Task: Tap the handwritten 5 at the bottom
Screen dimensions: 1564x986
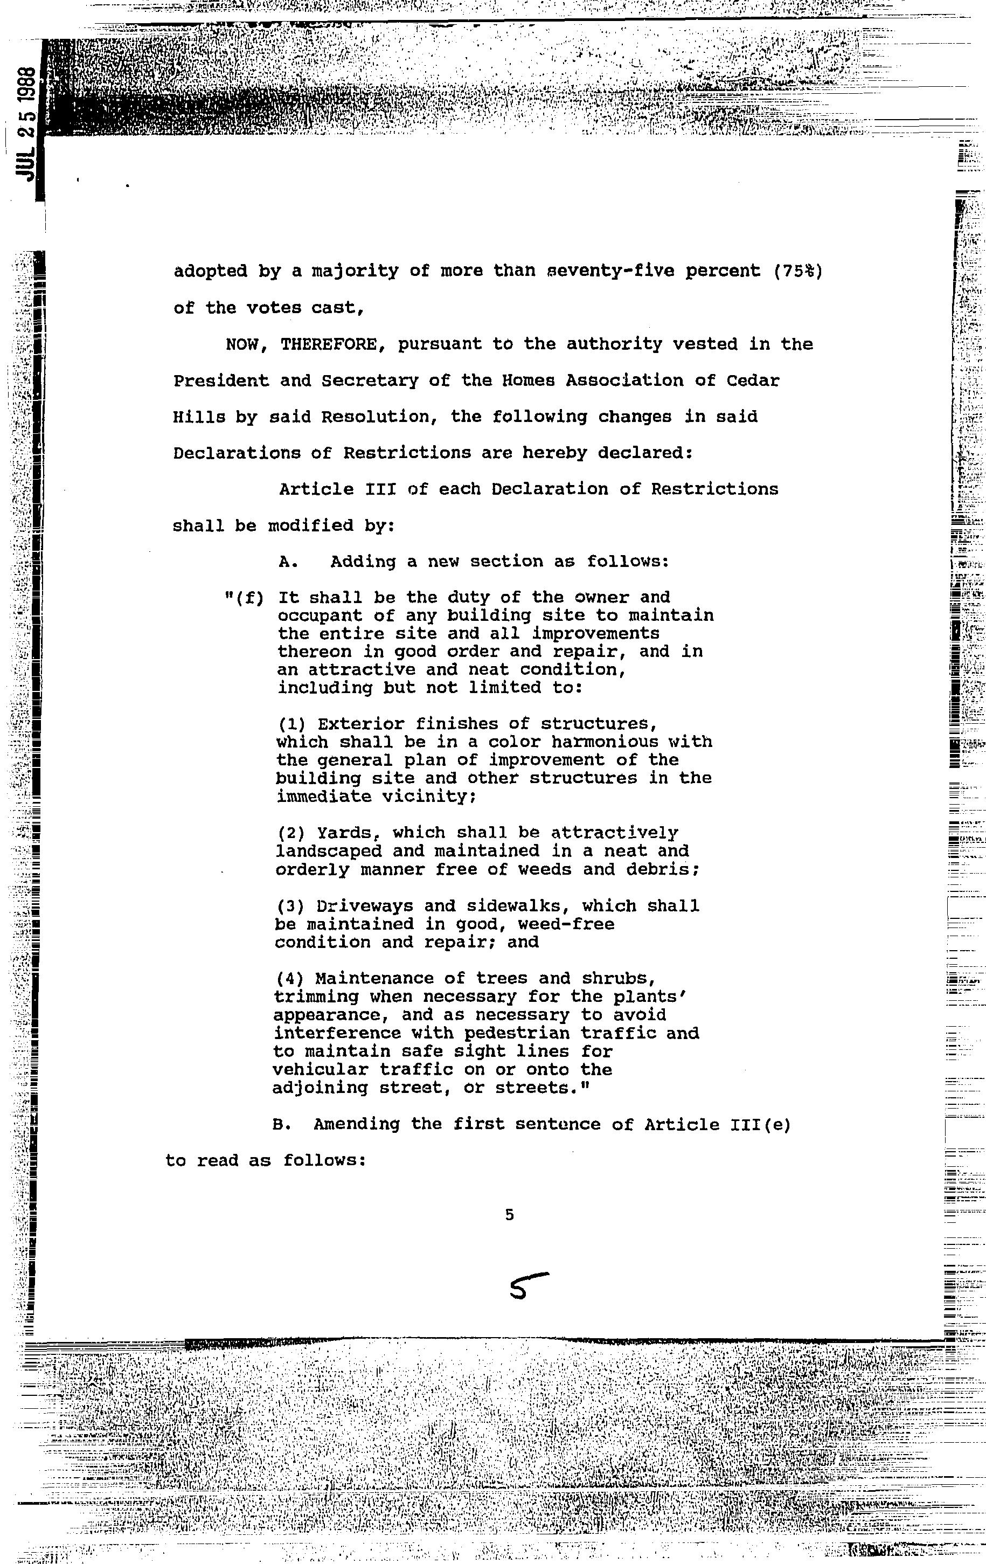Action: (x=527, y=1285)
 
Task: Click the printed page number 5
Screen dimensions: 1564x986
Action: (x=509, y=1215)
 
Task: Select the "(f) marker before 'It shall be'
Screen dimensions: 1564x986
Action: (x=244, y=598)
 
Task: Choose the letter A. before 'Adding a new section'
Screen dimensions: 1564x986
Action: (x=288, y=562)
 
